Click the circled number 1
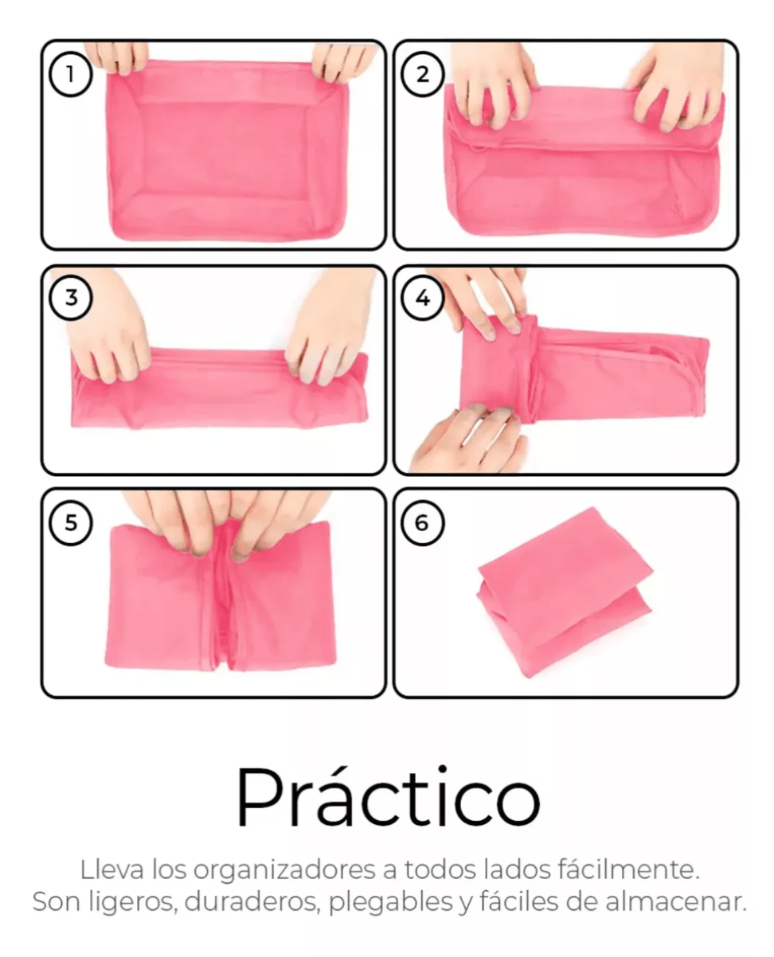(x=71, y=74)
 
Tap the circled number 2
(x=422, y=74)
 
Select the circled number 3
(x=71, y=298)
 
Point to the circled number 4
(x=422, y=298)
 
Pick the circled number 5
(x=71, y=523)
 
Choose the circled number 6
(x=422, y=523)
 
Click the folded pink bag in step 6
(x=565, y=592)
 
